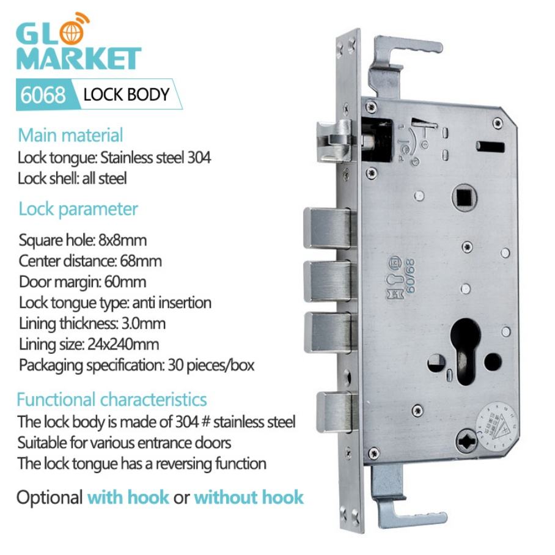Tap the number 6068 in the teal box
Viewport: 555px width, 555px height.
click(x=43, y=95)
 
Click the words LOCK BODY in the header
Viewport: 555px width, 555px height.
click(x=126, y=95)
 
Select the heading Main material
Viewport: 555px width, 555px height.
click(x=70, y=134)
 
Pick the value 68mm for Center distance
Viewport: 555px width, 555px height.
click(x=142, y=261)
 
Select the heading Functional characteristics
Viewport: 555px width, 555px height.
click(x=112, y=400)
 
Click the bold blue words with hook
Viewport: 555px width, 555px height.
click(x=128, y=496)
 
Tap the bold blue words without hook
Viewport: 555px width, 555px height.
click(x=248, y=496)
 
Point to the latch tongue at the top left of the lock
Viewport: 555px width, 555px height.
click(x=333, y=140)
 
